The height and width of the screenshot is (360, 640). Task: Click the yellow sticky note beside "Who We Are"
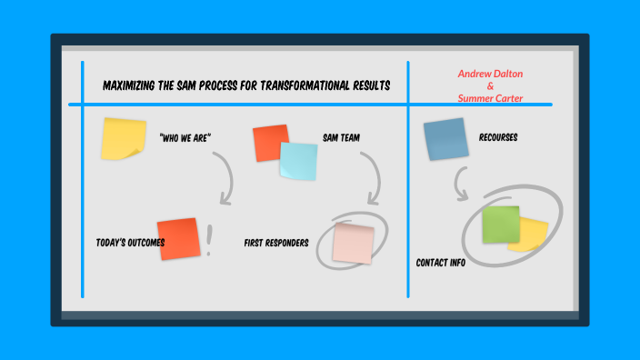point(124,138)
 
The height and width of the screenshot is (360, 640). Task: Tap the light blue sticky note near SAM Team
point(299,162)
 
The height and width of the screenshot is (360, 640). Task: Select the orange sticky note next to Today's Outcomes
point(177,238)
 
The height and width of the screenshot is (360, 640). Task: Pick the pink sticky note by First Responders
point(353,243)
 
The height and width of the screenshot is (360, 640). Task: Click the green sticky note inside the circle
point(501,225)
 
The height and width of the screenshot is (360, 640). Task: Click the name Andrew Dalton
point(490,74)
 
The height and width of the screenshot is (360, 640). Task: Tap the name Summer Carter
point(490,97)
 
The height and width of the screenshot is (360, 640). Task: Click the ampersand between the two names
point(490,85)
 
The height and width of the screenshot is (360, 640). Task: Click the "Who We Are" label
point(185,138)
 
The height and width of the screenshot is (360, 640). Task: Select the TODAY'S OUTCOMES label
point(130,243)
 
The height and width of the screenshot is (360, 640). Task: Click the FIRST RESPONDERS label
point(276,243)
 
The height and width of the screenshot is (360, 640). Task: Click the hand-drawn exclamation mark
point(209,238)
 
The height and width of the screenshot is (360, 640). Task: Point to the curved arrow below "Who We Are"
point(225,177)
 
